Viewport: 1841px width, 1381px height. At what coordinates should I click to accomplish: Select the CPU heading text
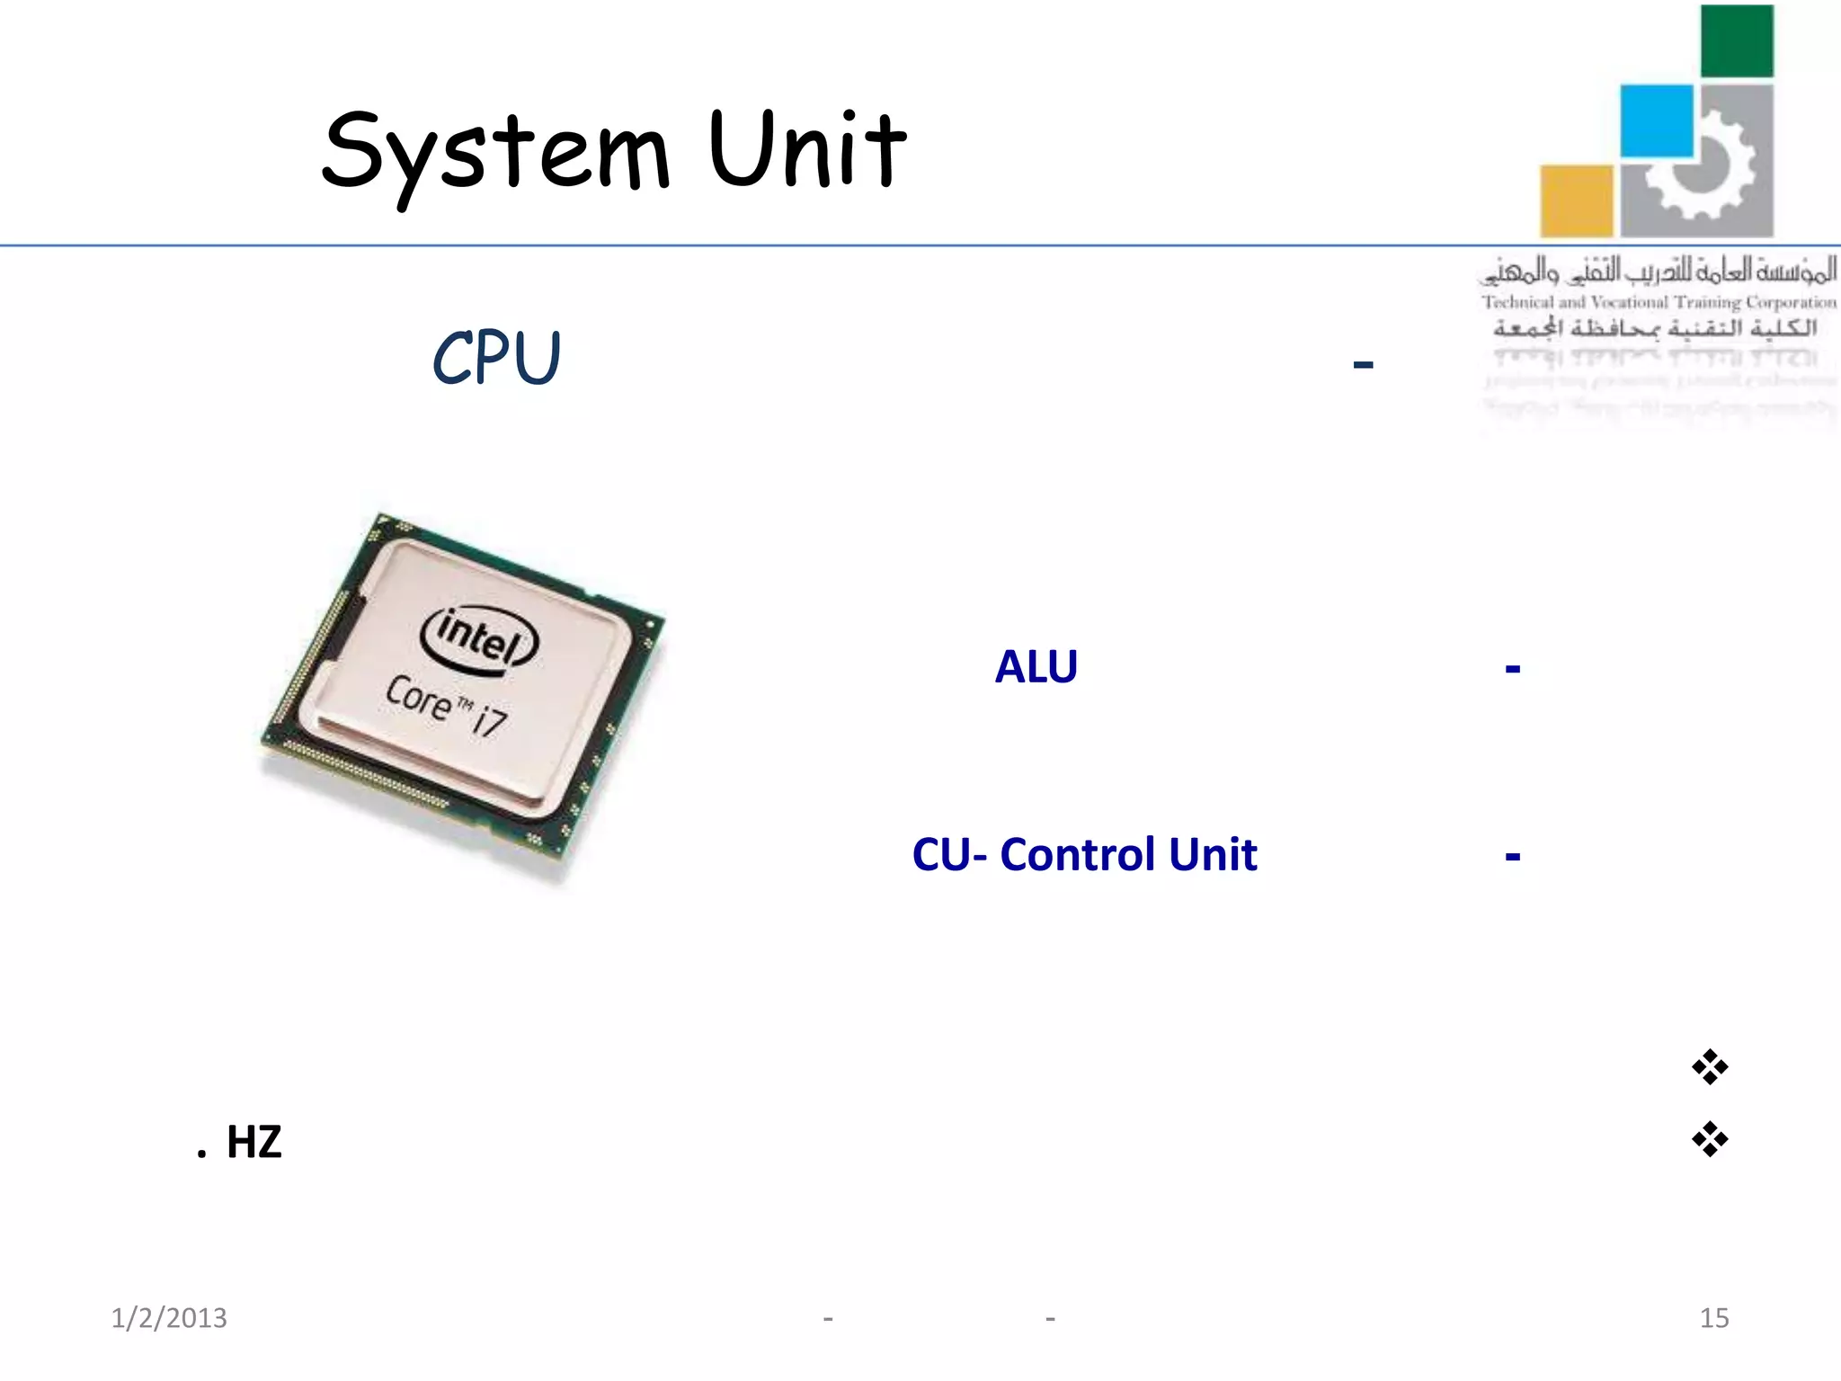point(496,358)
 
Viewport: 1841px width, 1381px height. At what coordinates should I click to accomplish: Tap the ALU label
point(1036,667)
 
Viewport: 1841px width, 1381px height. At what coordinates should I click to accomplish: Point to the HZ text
point(253,1143)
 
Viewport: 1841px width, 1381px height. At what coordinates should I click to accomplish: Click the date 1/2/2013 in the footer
point(169,1318)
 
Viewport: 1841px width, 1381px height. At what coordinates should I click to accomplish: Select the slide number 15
point(1713,1318)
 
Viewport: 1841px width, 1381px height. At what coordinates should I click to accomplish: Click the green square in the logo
point(1737,41)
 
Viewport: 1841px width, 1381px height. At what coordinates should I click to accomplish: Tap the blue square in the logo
point(1656,120)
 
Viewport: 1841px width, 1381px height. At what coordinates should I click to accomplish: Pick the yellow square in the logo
point(1576,200)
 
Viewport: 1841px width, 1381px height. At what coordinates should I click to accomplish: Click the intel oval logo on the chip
point(479,637)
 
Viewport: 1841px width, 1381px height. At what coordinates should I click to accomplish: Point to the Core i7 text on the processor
point(447,706)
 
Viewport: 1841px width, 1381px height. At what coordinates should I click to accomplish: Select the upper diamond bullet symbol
point(1709,1067)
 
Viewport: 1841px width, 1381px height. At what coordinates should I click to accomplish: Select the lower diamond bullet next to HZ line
point(1709,1139)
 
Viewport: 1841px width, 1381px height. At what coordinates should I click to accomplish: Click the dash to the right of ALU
point(1512,669)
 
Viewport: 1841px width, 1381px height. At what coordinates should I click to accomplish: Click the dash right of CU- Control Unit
point(1512,856)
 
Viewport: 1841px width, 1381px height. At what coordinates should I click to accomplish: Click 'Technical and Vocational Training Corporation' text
point(1659,302)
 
